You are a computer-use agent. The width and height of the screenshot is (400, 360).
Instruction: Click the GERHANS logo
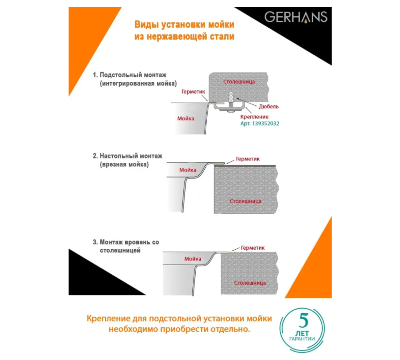[x=296, y=17]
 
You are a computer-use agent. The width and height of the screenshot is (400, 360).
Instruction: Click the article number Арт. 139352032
[x=260, y=124]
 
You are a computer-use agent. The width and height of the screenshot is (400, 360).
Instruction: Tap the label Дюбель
[x=269, y=106]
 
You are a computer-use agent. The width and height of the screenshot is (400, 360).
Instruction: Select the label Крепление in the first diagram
[x=254, y=116]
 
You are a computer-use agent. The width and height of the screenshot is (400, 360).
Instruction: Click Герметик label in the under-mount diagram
[x=193, y=92]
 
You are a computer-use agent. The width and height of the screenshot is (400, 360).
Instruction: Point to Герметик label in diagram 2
[x=248, y=159]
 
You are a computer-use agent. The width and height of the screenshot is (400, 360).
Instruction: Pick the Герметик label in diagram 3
[x=253, y=248]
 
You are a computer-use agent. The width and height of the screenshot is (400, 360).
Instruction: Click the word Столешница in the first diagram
[x=239, y=82]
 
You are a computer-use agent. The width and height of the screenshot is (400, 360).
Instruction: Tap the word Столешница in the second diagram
[x=245, y=201]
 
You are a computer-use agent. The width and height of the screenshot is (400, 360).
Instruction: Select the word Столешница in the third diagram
[x=250, y=283]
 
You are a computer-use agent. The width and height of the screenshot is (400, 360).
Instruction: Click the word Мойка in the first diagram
[x=186, y=118]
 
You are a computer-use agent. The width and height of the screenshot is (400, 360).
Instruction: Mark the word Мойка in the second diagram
[x=188, y=170]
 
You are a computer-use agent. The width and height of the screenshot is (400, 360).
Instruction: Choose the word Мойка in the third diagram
[x=192, y=259]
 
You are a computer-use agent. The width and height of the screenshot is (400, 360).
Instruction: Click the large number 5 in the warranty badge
[x=304, y=321]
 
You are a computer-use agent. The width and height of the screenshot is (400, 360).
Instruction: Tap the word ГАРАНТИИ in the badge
[x=302, y=339]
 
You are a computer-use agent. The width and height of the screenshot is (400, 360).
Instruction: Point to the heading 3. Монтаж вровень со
[x=126, y=242]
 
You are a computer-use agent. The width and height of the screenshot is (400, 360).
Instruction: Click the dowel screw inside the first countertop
[x=231, y=98]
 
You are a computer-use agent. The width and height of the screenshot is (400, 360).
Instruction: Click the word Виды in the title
[x=145, y=25]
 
